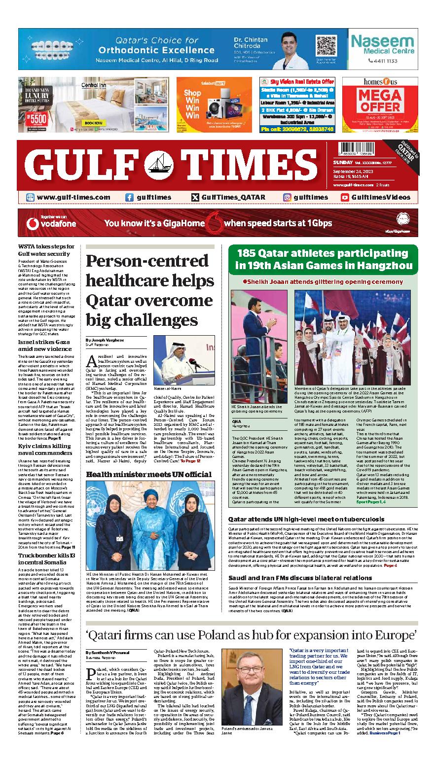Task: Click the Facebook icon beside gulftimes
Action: click(129, 197)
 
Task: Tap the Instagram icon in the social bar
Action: click(287, 197)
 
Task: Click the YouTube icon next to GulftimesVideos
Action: click(345, 197)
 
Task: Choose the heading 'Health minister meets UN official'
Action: click(148, 474)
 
